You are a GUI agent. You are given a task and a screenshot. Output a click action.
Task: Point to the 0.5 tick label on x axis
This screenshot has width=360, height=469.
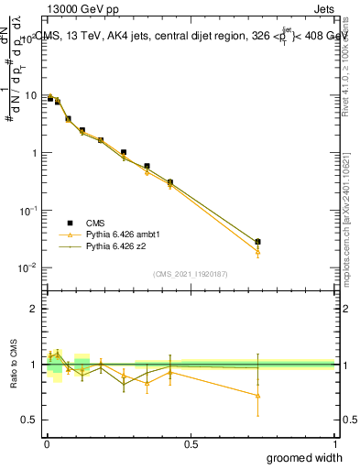click(x=191, y=443)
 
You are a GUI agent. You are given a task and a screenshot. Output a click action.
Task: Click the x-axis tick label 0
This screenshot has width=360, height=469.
click(x=47, y=443)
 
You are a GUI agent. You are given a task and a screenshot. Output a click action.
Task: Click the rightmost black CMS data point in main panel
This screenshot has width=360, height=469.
click(x=258, y=242)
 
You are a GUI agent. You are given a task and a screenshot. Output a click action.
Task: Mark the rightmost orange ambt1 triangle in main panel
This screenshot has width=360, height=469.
click(x=258, y=250)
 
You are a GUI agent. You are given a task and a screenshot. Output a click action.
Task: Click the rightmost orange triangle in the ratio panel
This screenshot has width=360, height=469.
click(x=258, y=396)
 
